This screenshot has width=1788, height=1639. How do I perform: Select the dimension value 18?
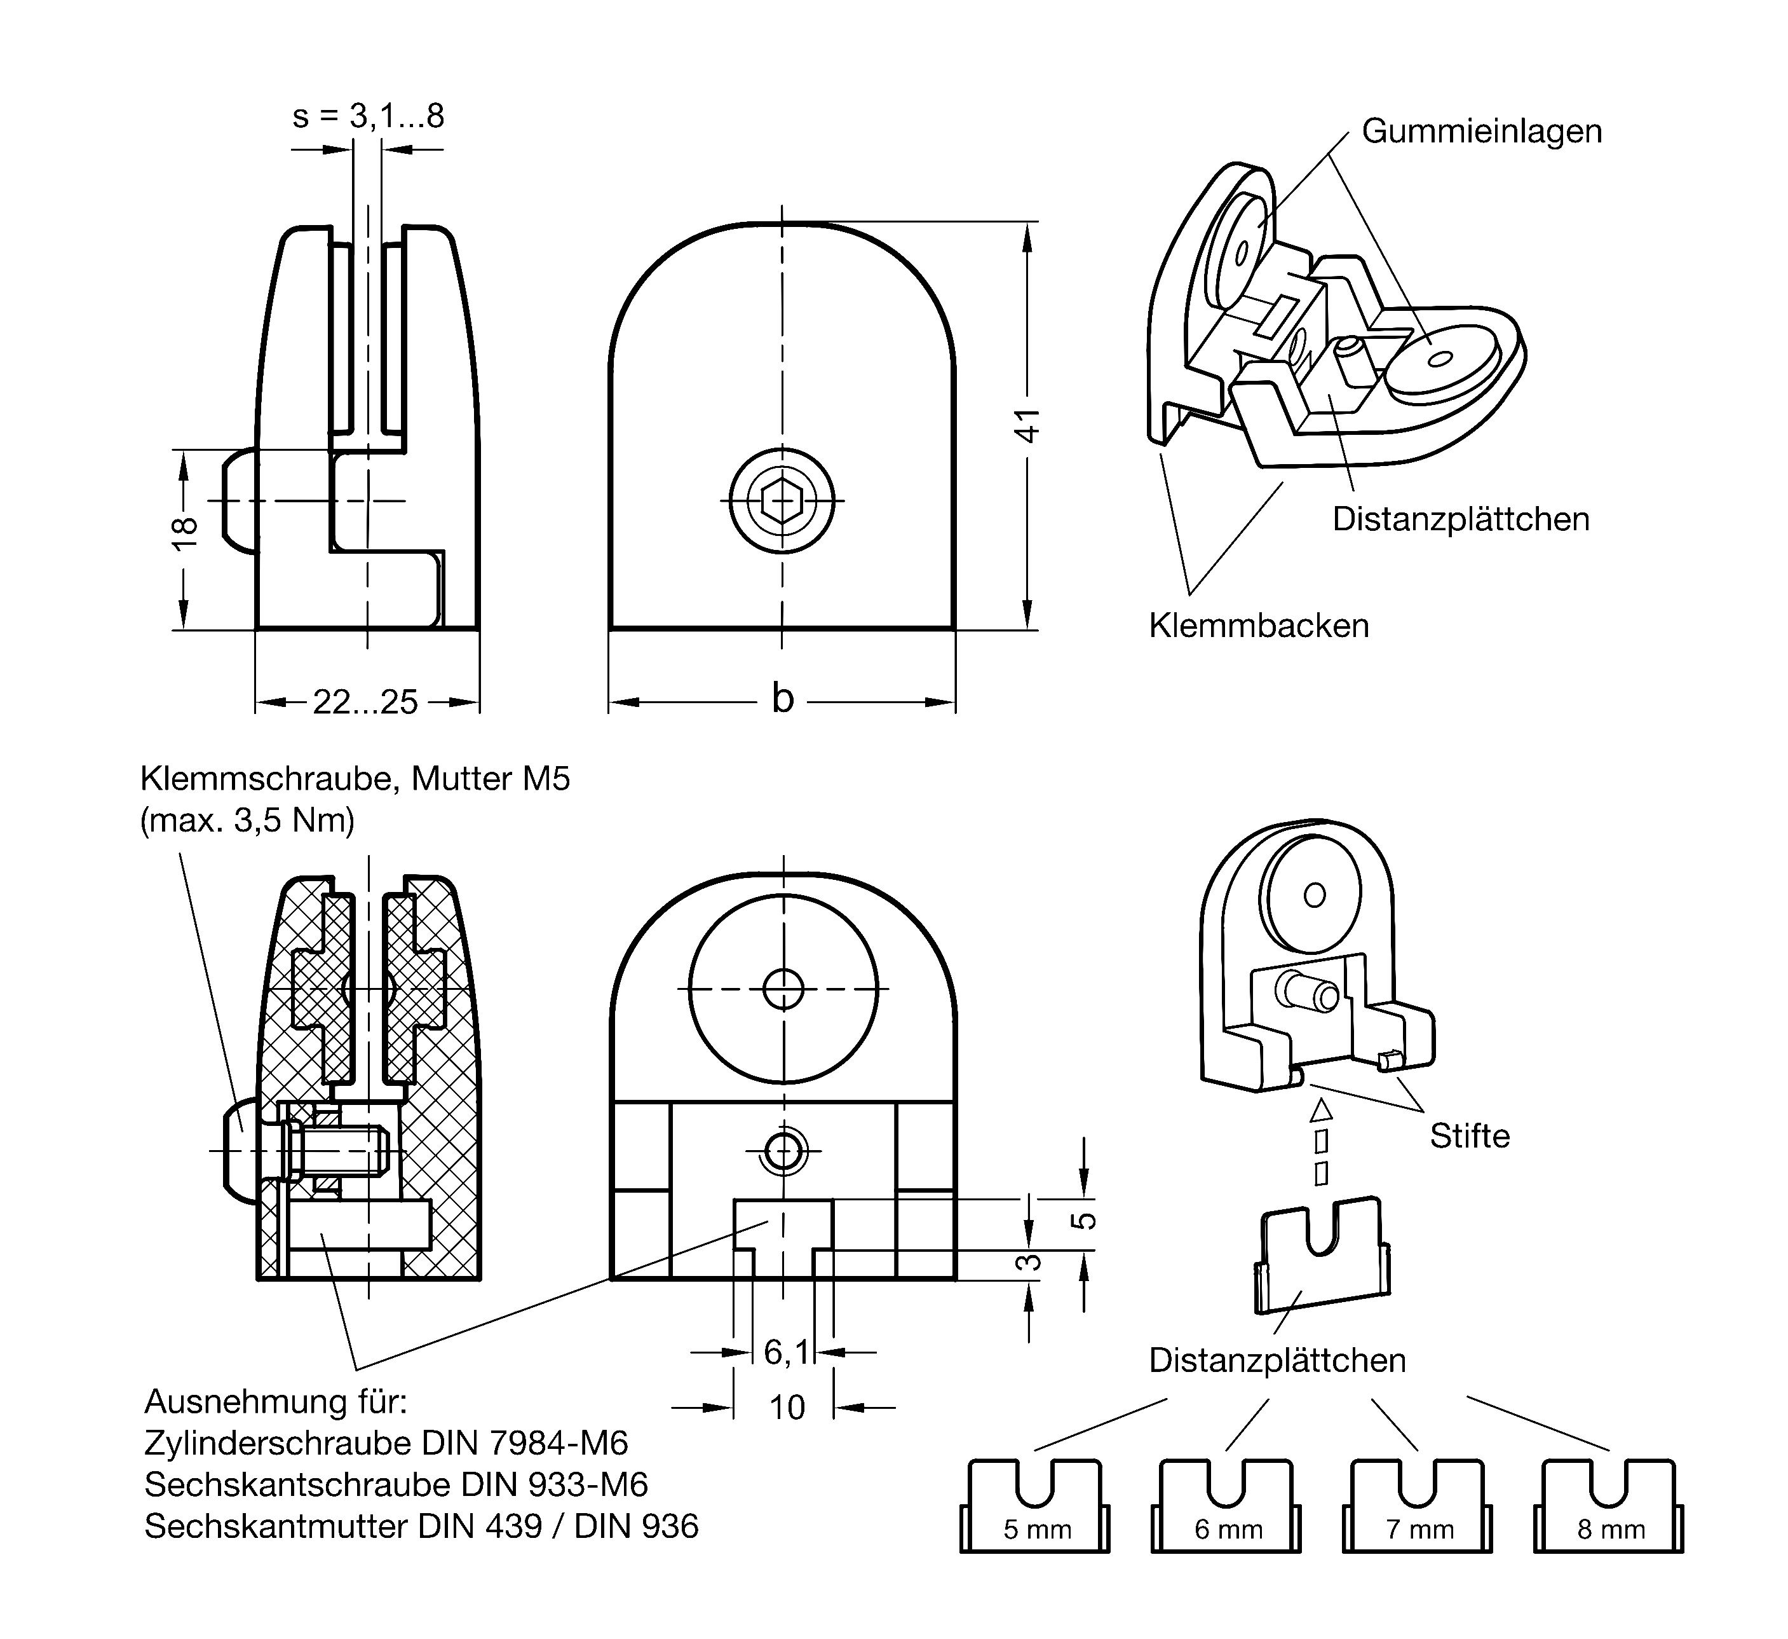pos(184,532)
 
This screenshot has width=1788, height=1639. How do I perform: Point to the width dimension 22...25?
pos(365,703)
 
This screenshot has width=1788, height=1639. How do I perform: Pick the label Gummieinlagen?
pos(1481,132)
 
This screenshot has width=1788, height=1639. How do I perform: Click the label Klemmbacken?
pos(1259,626)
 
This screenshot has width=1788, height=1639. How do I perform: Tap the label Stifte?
pos(1470,1137)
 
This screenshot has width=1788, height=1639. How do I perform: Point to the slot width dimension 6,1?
pos(786,1352)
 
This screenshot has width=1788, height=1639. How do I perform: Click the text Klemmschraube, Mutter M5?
pos(355,779)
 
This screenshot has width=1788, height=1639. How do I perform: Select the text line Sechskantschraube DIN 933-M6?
pos(396,1485)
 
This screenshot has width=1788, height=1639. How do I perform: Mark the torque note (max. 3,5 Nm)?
pos(247,821)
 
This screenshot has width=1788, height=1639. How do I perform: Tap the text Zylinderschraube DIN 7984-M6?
pos(386,1444)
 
